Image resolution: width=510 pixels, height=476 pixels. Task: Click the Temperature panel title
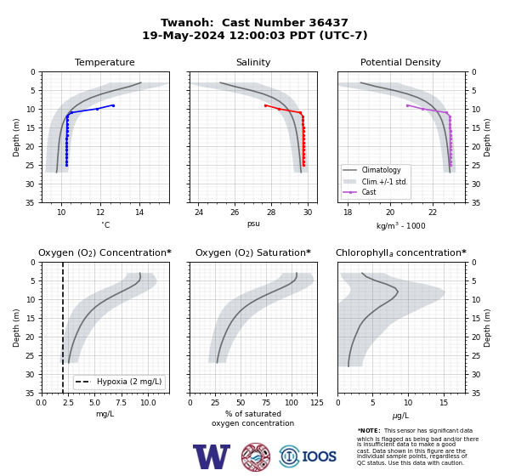tap(105, 62)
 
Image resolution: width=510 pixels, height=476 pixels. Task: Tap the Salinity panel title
tap(253, 62)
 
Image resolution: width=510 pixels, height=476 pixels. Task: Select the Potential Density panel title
tap(400, 62)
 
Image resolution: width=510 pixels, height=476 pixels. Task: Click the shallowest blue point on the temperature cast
tap(113, 105)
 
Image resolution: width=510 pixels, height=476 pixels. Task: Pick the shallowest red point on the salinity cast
tap(265, 105)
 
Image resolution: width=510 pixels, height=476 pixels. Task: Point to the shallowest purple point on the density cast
tap(407, 105)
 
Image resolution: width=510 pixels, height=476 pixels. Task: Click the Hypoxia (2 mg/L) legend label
tap(129, 382)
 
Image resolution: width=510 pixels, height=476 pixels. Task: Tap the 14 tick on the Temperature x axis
tap(139, 212)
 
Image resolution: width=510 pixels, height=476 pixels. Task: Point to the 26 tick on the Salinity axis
tap(235, 212)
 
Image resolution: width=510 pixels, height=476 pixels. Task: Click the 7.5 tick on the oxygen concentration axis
tap(121, 403)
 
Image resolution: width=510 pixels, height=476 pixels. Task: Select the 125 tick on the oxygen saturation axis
tap(317, 403)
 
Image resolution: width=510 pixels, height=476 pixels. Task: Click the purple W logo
tap(212, 456)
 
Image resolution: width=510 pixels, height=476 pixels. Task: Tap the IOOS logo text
tap(319, 456)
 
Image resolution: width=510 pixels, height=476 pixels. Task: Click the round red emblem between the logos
tap(256, 456)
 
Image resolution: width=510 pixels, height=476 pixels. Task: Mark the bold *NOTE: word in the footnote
tap(369, 430)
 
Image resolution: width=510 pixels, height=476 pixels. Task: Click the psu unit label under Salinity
tap(253, 224)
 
